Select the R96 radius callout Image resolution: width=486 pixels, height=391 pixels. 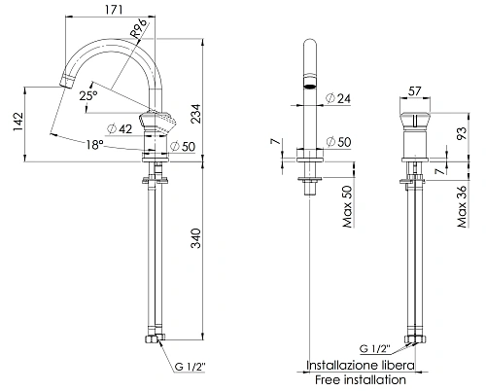point(138,29)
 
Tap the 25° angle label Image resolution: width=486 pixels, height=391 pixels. point(88,95)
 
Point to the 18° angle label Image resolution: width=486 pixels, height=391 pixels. point(94,145)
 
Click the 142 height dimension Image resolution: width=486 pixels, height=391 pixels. point(18,122)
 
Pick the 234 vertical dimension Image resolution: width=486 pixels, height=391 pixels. point(195,114)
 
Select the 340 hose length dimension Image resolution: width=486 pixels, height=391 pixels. point(195,238)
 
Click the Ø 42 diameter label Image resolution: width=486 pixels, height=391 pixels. point(120,128)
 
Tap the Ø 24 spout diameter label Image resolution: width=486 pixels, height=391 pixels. point(338,98)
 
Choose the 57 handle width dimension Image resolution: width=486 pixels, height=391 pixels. point(414,91)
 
